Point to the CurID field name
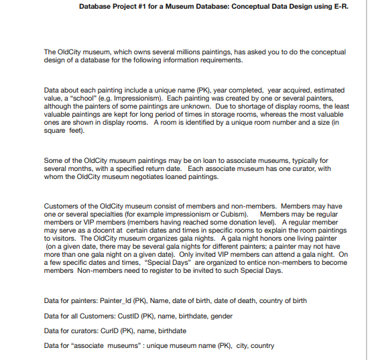(x=111, y=331)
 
